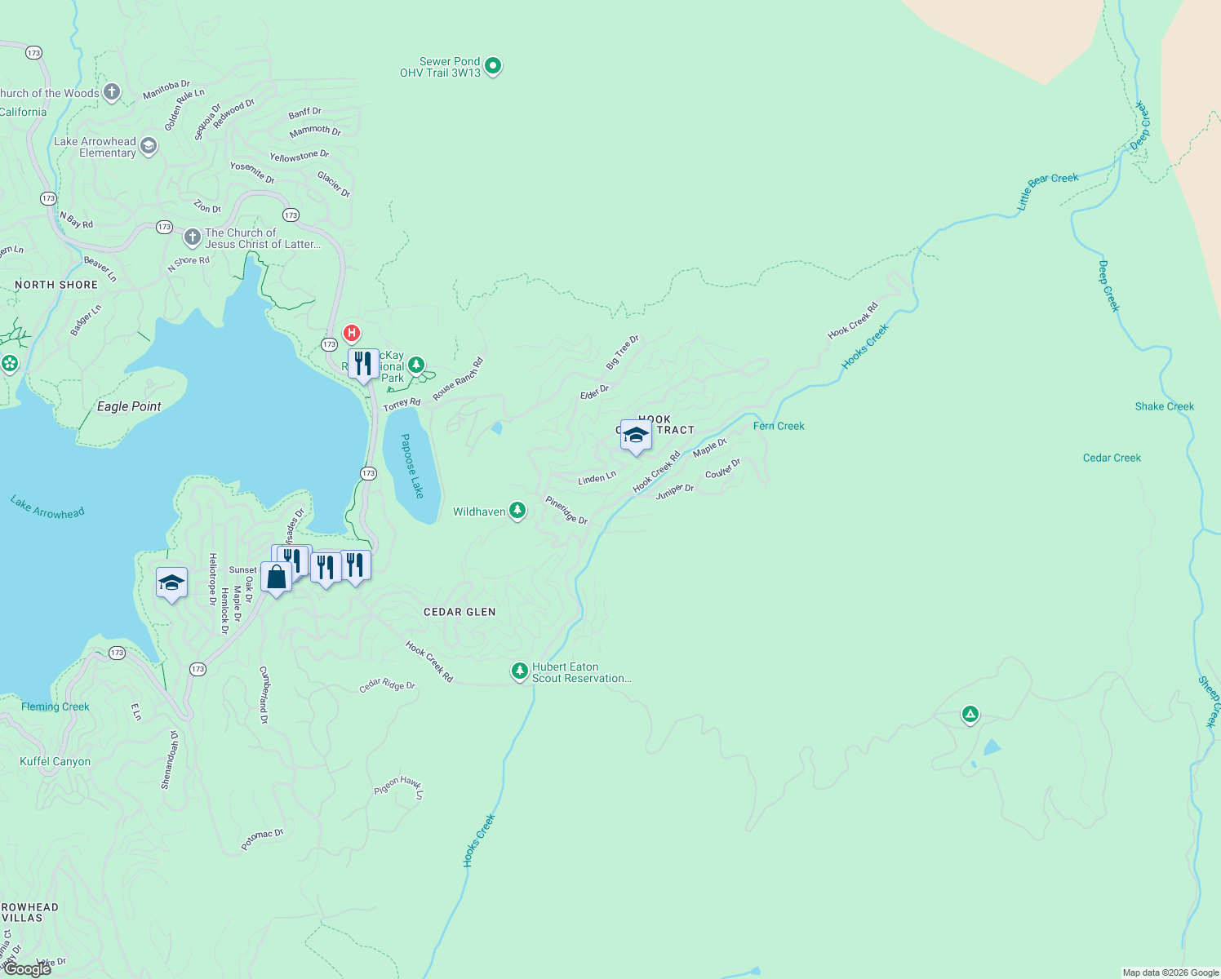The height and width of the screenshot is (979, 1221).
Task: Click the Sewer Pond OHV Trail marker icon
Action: (x=492, y=65)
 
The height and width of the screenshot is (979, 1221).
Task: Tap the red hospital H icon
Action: (x=352, y=333)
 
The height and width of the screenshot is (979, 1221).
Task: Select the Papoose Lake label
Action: (x=412, y=466)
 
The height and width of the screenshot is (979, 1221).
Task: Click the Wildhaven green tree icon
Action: (x=517, y=511)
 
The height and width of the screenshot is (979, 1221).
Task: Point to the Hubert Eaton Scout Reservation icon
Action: (x=520, y=671)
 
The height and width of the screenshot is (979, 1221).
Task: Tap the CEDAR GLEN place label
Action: (x=460, y=612)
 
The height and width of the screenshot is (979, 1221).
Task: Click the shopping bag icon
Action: (x=277, y=577)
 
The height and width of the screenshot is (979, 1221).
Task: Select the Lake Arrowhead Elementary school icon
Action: (x=148, y=146)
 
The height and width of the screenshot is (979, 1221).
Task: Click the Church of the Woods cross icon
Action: (x=112, y=92)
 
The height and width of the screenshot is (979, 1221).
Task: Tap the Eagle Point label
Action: (x=129, y=406)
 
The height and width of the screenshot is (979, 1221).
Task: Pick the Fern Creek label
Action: (x=779, y=426)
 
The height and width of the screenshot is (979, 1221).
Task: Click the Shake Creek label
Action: (x=1164, y=406)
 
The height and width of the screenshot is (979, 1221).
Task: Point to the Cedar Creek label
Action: (x=1112, y=458)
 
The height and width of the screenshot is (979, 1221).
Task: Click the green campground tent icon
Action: (x=970, y=715)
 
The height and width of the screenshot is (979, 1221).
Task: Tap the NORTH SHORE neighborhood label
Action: (x=56, y=285)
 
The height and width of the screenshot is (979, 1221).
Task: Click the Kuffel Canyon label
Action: (x=55, y=761)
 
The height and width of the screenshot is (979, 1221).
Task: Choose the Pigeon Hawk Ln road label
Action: (x=399, y=786)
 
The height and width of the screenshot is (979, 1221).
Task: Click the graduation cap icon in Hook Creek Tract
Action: (x=636, y=435)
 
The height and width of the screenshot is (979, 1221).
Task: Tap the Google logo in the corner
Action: (x=28, y=969)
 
